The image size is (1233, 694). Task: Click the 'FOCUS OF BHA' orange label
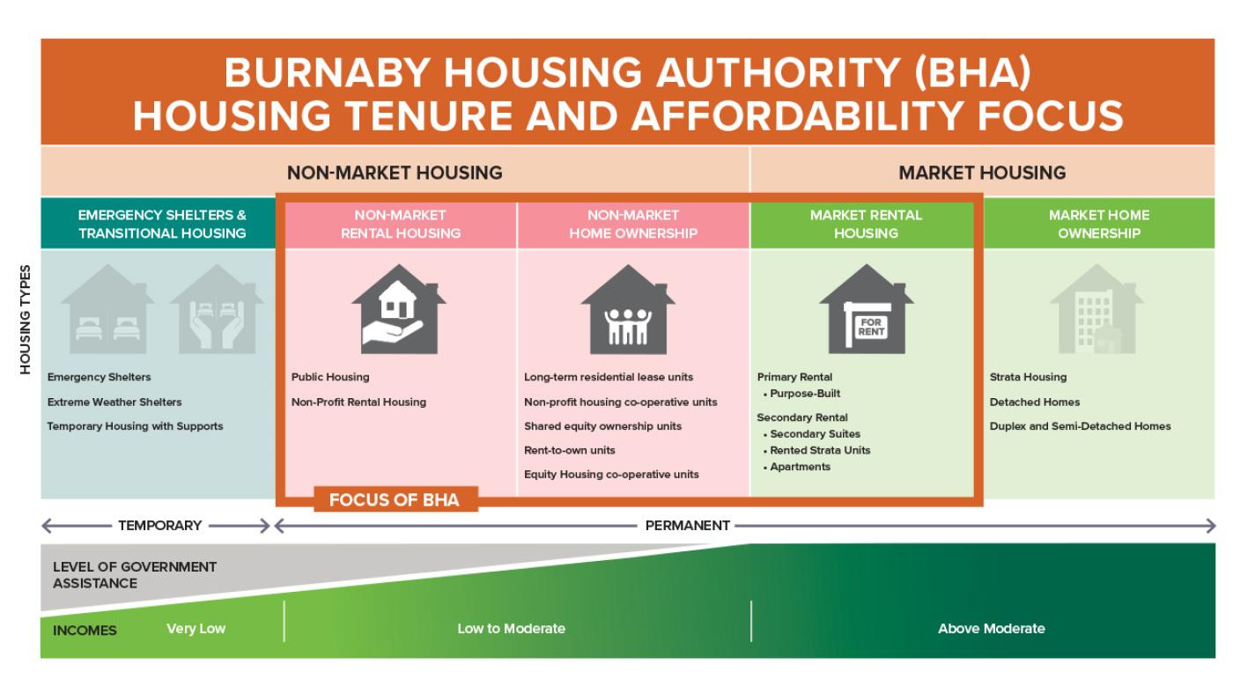[394, 500]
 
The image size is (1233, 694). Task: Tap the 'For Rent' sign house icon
[866, 310]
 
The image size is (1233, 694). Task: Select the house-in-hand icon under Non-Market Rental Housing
[398, 310]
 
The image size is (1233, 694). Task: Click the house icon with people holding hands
[628, 310]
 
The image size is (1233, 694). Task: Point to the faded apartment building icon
[1096, 310]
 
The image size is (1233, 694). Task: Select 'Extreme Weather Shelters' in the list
[114, 402]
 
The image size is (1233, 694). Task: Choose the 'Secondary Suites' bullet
[815, 434]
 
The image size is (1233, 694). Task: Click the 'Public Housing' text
[330, 377]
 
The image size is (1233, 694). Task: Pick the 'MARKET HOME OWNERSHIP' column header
[1098, 224]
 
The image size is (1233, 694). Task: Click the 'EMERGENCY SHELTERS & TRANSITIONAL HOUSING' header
[162, 224]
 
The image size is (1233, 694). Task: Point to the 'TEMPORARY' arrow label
[160, 526]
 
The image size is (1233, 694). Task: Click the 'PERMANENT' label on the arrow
[687, 526]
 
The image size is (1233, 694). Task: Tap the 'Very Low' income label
[196, 629]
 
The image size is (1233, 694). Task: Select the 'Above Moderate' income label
[991, 629]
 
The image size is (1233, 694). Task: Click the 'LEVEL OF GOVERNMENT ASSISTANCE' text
[135, 574]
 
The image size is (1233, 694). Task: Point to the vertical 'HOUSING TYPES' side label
[26, 319]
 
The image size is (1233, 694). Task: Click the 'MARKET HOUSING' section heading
[982, 173]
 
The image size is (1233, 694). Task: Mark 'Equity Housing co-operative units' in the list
[611, 475]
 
